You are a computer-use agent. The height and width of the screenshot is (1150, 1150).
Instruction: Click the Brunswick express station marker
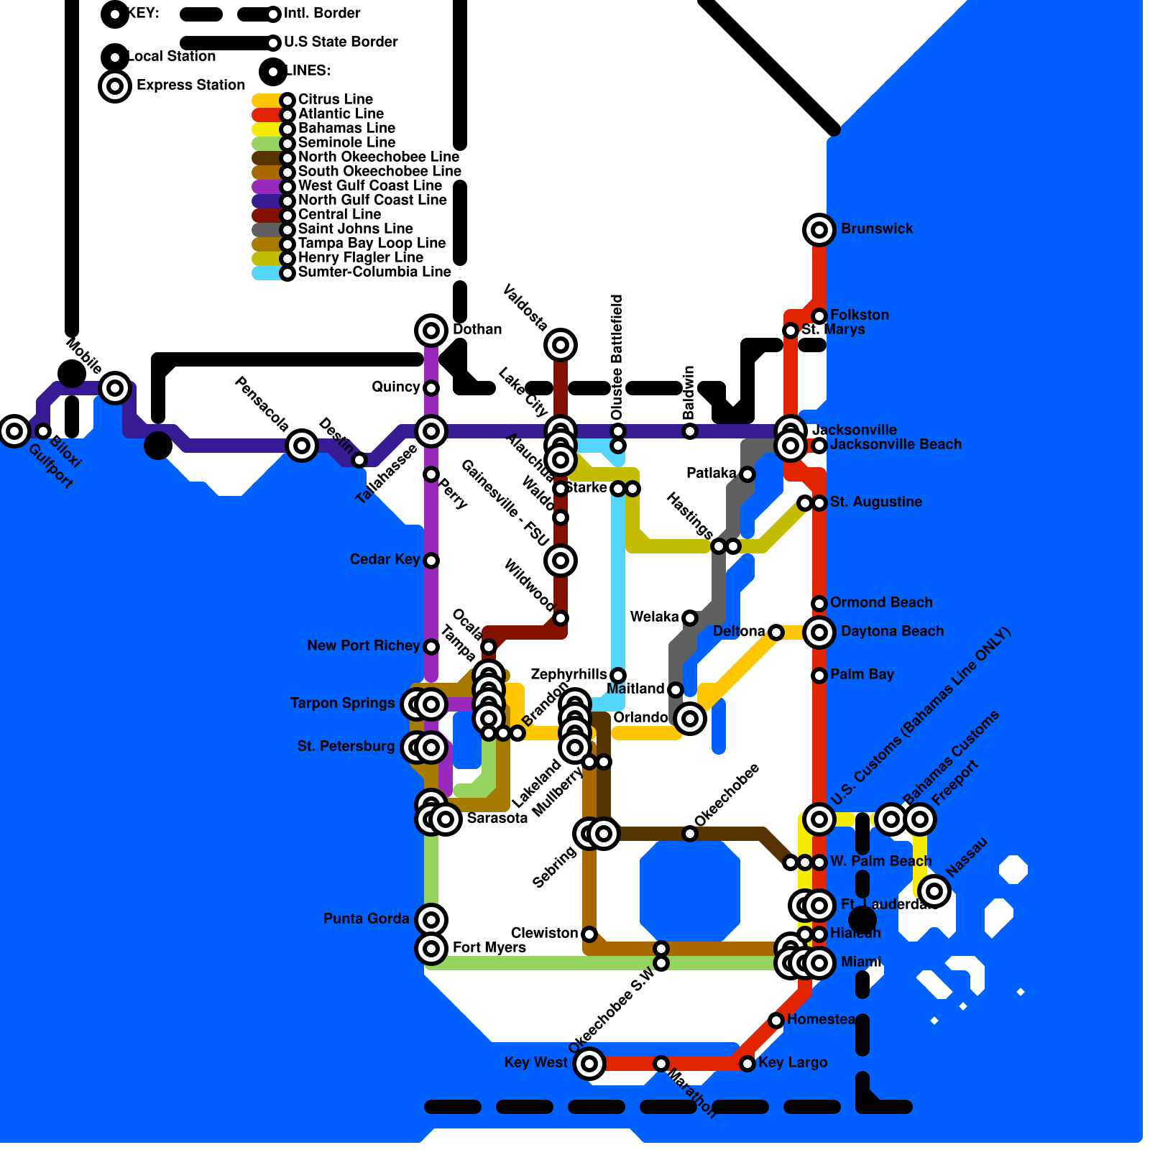(819, 230)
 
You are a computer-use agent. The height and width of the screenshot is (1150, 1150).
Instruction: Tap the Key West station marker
(589, 1063)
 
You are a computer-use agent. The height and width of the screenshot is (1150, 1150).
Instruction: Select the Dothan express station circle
(431, 331)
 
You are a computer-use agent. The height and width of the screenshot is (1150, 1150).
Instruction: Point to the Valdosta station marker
(561, 345)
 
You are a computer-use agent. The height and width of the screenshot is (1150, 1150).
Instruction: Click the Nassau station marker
(934, 891)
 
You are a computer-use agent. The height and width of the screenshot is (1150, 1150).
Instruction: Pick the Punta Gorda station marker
(431, 919)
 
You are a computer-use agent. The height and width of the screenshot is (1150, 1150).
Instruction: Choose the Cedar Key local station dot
(431, 561)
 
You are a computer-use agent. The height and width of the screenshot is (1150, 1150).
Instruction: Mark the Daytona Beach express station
(819, 632)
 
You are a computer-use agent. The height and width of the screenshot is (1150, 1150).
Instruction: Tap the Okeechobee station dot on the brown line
(690, 834)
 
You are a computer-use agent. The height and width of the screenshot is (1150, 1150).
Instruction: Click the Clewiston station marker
(589, 934)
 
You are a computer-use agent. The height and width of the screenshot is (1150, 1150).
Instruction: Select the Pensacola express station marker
(302, 446)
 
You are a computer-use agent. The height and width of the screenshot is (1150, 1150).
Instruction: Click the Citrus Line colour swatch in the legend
(265, 100)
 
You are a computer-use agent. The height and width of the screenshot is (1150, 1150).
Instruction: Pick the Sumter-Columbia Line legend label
(374, 272)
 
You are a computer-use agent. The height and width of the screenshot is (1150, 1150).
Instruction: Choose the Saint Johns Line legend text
(355, 229)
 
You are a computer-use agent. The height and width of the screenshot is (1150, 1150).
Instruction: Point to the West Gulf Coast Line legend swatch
(265, 186)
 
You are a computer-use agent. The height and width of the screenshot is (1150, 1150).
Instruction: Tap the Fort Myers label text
(489, 948)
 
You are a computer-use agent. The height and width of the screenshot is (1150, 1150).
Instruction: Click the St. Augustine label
(875, 502)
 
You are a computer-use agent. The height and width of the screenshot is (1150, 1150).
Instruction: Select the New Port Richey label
(363, 646)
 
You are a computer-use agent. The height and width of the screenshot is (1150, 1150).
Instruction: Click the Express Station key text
(190, 86)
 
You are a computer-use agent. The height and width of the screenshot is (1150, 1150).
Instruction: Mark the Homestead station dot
(776, 1020)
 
